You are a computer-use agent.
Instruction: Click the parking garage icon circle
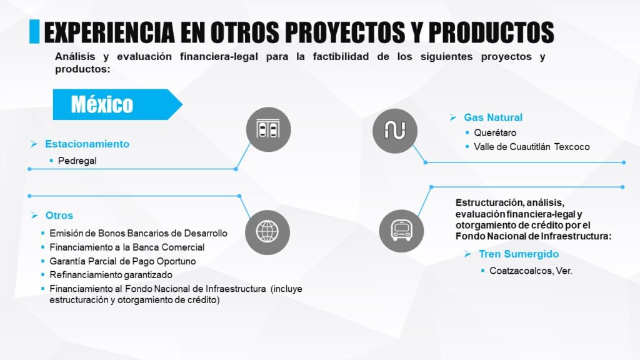click(x=268, y=129)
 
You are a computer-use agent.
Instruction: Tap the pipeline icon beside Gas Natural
click(x=395, y=131)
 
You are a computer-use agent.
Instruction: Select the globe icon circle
click(x=267, y=232)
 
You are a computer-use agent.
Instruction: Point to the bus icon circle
click(x=401, y=231)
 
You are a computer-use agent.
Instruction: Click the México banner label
click(x=102, y=104)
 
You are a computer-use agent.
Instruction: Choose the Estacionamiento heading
click(x=87, y=144)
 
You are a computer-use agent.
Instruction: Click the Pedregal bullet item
click(x=77, y=161)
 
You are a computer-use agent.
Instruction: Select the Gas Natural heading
click(x=493, y=117)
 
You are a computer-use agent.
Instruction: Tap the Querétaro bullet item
click(x=495, y=132)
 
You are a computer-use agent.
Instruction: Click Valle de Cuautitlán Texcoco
click(x=532, y=147)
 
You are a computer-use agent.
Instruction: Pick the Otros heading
click(x=59, y=216)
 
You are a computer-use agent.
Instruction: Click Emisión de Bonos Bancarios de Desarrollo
click(x=138, y=234)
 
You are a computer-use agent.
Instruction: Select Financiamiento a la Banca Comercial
click(x=127, y=247)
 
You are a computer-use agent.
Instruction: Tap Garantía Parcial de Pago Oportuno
click(x=122, y=261)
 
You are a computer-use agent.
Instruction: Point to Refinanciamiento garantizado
click(x=111, y=275)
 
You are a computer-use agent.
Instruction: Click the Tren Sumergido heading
click(x=519, y=254)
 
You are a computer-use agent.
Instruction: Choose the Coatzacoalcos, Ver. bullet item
click(x=531, y=271)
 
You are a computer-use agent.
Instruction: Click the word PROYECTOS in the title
click(x=345, y=32)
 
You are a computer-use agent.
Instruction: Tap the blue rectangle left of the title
click(x=34, y=31)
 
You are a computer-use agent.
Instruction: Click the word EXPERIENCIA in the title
click(x=109, y=32)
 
